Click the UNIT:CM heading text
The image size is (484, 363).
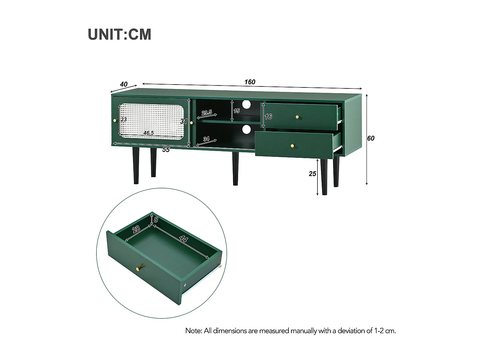pyautogui.click(x=119, y=35)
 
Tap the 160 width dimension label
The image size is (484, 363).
pyautogui.click(x=250, y=82)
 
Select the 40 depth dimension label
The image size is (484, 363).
pyautogui.click(x=124, y=84)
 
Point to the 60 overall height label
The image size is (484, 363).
pyautogui.click(x=371, y=138)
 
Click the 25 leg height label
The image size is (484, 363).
pyautogui.click(x=312, y=174)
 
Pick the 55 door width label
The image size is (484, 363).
pyautogui.click(x=166, y=149)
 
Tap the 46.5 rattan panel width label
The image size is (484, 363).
pyautogui.click(x=148, y=133)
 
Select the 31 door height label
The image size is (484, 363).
pyautogui.click(x=184, y=121)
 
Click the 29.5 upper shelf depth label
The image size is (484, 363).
pyautogui.click(x=207, y=113)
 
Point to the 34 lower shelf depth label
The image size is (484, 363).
pyautogui.click(x=207, y=139)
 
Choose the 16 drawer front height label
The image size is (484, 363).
pyautogui.click(x=268, y=116)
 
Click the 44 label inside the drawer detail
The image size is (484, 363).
pyautogui.click(x=183, y=239)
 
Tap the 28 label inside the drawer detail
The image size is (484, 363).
pyautogui.click(x=136, y=229)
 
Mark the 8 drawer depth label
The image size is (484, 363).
pyautogui.click(x=156, y=220)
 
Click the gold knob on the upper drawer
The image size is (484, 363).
pyautogui.click(x=297, y=117)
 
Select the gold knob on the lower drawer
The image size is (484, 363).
pyautogui.click(x=293, y=146)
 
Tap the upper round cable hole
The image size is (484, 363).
pyautogui.click(x=247, y=104)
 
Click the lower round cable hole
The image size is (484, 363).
pyautogui.click(x=247, y=129)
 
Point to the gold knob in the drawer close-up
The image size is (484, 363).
pyautogui.click(x=140, y=268)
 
